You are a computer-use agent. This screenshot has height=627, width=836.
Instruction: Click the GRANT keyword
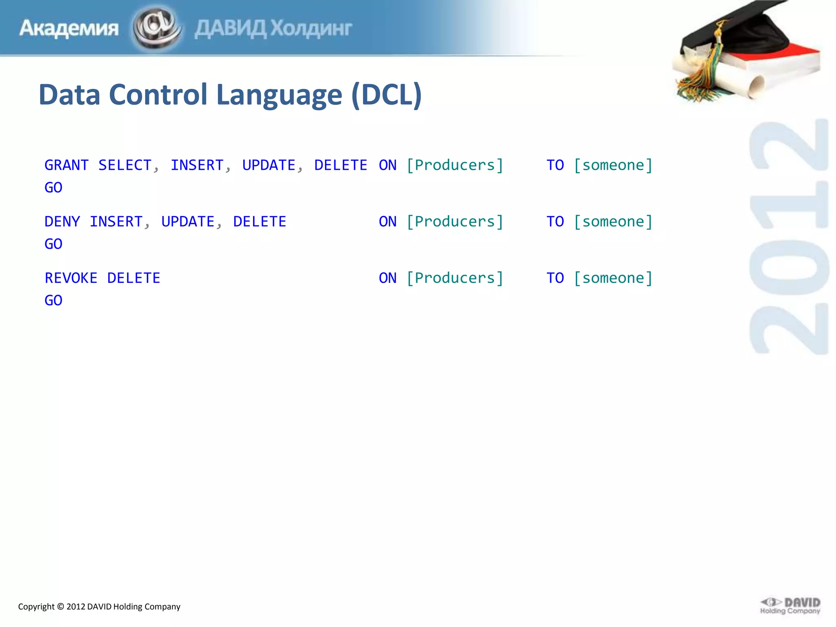tap(67, 165)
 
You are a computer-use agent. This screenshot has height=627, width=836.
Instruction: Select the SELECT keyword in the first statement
tap(125, 165)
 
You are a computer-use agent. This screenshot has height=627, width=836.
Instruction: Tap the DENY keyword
tap(62, 222)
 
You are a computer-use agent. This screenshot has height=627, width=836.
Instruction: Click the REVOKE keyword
tap(71, 278)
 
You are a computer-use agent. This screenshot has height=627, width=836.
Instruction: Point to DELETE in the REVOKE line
tap(134, 278)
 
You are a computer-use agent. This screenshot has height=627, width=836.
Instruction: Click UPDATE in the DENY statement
tap(188, 222)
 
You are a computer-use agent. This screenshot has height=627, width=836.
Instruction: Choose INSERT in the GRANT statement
tap(197, 165)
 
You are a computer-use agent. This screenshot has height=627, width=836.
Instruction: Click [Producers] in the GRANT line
tap(455, 165)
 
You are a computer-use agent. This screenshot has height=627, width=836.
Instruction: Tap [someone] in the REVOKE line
tap(613, 278)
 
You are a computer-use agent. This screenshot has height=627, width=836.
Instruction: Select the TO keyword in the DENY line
tap(555, 222)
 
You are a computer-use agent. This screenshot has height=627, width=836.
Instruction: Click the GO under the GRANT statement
tap(53, 188)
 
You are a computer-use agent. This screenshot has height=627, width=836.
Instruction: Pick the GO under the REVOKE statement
tap(53, 300)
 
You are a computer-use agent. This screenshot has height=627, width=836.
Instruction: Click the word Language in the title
tap(279, 95)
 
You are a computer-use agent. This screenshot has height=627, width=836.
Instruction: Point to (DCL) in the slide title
tap(386, 95)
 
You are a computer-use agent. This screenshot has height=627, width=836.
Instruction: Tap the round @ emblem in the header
tap(157, 28)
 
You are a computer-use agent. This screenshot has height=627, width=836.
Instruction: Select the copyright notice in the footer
tap(99, 607)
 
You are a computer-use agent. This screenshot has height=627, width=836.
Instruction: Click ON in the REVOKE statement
tap(388, 278)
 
